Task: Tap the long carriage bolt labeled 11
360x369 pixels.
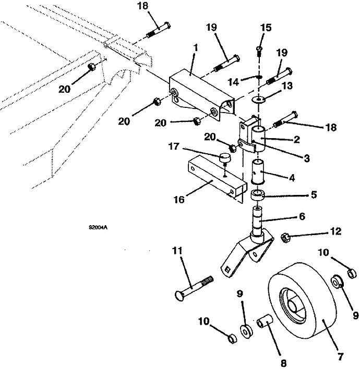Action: pos(193,286)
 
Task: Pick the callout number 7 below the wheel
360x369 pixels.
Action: pos(341,356)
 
